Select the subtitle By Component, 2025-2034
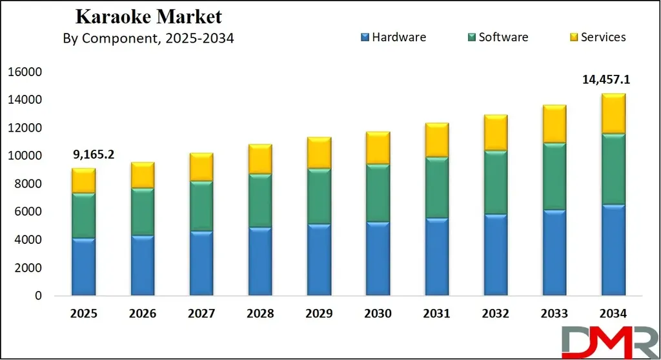(x=148, y=39)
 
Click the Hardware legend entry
(x=393, y=37)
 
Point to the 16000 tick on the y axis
(x=26, y=72)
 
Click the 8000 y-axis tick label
(x=29, y=184)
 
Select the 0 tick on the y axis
(x=39, y=296)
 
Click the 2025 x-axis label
(x=83, y=314)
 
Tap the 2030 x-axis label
(x=378, y=314)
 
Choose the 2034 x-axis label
(x=613, y=314)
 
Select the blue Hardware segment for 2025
(x=84, y=266)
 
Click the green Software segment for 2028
(x=260, y=201)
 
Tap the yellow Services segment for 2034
(x=613, y=114)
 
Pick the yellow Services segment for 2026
(x=143, y=175)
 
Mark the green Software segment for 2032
(x=496, y=183)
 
